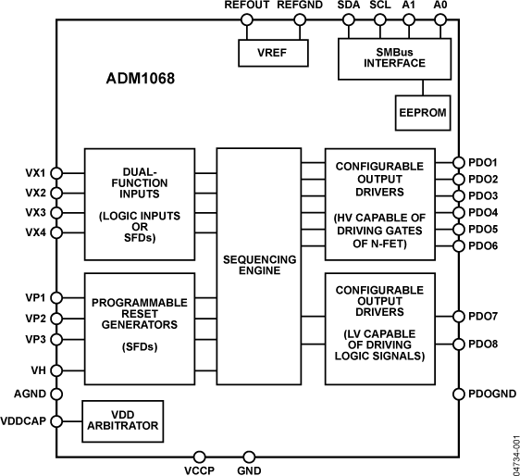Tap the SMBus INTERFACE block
pos(401,57)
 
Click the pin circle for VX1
pos(56,172)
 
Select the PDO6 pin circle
pos(457,245)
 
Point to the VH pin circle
pos(56,370)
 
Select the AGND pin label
pos(30,394)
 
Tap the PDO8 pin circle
pos(457,344)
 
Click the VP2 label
pos(34,319)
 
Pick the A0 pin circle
pos(440,22)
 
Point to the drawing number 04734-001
pos(513,451)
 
